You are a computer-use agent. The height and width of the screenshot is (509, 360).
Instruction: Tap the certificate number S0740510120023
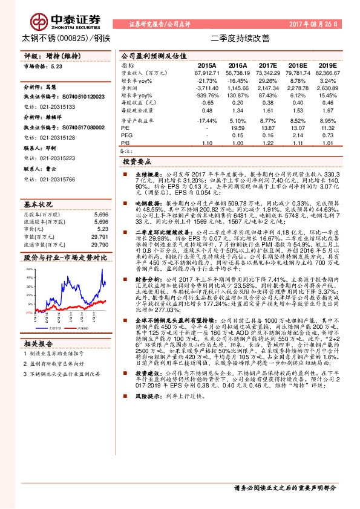point(71,96)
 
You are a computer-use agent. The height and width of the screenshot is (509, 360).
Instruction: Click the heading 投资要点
point(136,163)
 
